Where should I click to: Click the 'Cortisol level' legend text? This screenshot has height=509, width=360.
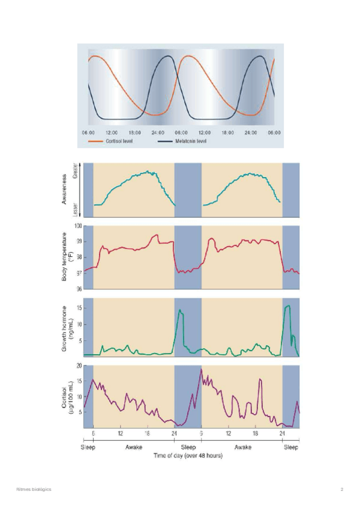coord(119,142)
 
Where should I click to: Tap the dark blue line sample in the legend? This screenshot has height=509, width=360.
coord(166,142)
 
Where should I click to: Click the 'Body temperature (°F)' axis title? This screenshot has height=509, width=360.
coord(68,257)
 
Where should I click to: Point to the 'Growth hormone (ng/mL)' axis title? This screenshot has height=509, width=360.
coord(68,328)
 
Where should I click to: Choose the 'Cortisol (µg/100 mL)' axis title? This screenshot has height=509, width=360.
coord(68,396)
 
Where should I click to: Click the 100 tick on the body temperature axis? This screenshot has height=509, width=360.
coord(78,226)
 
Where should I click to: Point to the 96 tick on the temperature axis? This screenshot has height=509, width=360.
coord(79,289)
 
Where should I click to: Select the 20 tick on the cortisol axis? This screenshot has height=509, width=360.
coord(79,366)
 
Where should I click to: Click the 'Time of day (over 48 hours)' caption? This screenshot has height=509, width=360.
coord(188,456)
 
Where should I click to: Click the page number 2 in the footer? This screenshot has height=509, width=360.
coord(341,490)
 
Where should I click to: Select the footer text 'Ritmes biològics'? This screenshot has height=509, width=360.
coord(34,490)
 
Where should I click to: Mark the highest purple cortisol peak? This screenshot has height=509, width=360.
coord(201,369)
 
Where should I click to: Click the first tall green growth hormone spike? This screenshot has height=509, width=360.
coord(180,310)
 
